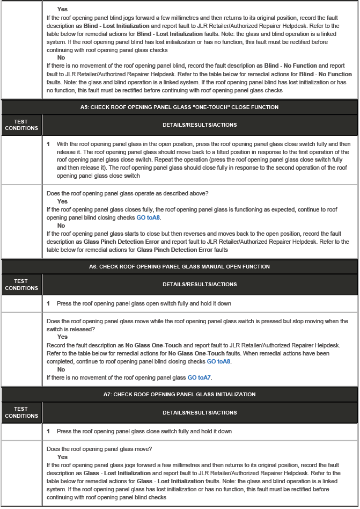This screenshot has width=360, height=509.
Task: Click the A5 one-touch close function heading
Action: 179,107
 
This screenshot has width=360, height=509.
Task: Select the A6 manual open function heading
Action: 179,267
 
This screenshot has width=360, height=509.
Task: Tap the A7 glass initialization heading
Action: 179,395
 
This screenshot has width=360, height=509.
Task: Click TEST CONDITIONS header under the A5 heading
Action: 21,125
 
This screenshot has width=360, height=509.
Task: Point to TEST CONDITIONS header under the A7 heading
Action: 21,412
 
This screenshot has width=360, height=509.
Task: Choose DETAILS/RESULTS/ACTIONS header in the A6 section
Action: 199,285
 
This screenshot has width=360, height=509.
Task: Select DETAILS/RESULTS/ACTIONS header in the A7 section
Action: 199,412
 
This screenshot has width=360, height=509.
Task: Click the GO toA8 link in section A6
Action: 219,362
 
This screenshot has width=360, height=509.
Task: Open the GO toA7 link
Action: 200,378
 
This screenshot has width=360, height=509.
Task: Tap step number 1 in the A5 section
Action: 48,144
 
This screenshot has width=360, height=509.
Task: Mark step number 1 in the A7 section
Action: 48,432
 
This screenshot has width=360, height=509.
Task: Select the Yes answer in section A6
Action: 62,337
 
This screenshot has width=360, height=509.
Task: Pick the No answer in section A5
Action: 61,226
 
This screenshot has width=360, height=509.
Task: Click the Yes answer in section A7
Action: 62,457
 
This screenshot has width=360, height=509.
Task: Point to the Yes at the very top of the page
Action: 62,10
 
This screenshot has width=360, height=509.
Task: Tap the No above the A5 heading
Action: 61,57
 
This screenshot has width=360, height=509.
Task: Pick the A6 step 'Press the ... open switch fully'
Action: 144,304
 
